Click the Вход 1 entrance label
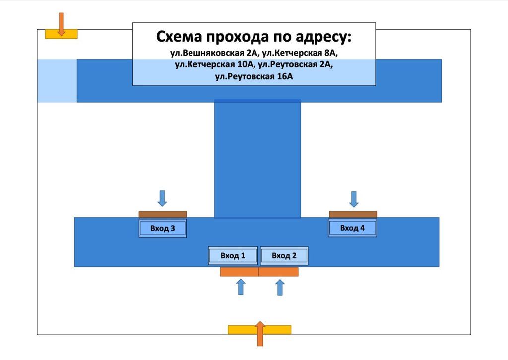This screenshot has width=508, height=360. tap(233, 256)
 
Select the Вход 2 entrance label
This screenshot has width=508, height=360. tap(284, 256)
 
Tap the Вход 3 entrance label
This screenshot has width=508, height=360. tap(163, 228)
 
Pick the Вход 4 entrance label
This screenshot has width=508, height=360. tap(352, 228)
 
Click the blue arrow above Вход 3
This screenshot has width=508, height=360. tap(162, 198)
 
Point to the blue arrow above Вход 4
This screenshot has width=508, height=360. tap(354, 199)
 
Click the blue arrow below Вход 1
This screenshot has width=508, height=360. tap(241, 287)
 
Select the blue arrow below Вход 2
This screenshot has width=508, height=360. tap(280, 288)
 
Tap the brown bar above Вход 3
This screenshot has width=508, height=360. tap(163, 214)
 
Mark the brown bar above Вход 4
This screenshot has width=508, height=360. tap(353, 214)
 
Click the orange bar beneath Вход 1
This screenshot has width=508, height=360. tap(240, 272)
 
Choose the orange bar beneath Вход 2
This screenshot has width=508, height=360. tap(278, 272)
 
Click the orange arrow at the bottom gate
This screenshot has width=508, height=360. tap(260, 334)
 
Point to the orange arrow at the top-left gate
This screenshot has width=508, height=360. tap(61, 24)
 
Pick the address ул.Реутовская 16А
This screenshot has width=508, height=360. tap(254, 77)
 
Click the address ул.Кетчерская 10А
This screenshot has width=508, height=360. tap(214, 65)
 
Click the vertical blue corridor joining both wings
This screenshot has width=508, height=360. tap(257, 159)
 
